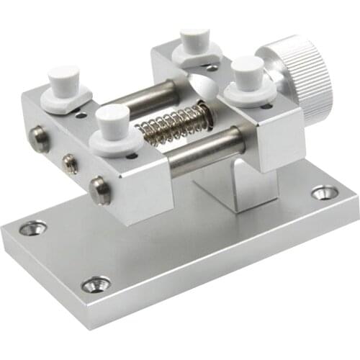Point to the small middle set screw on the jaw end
(x=70, y=164)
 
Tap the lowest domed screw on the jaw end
(x=100, y=190)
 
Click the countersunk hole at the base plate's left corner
(x=31, y=229)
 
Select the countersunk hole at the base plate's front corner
(x=96, y=284)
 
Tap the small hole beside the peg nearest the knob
(x=266, y=106)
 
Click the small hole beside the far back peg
(x=213, y=68)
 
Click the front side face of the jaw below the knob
(x=270, y=144)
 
